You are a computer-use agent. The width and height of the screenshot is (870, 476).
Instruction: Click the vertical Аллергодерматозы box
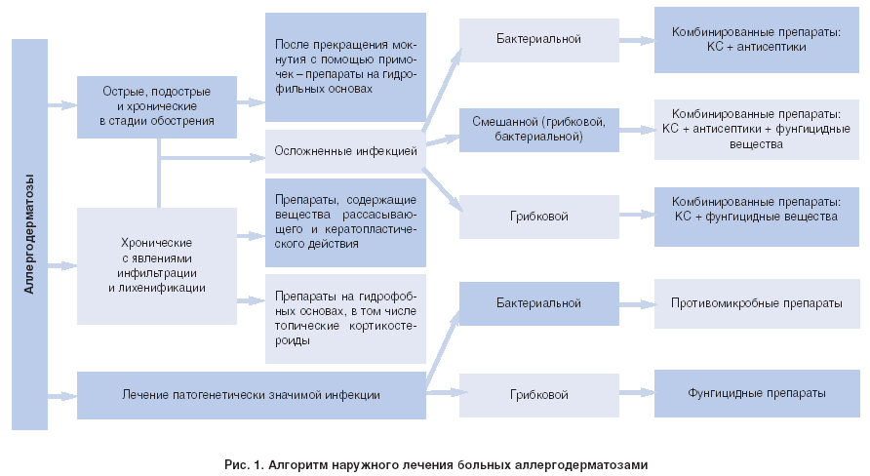coord(29,234)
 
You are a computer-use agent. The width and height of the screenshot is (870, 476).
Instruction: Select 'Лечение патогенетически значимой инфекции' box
coord(252,394)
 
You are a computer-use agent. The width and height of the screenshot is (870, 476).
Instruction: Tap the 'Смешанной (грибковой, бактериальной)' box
coord(538,129)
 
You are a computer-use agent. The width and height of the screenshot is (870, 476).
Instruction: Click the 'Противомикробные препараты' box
coord(756,304)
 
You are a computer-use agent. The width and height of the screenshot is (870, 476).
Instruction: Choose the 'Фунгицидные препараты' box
coord(756,393)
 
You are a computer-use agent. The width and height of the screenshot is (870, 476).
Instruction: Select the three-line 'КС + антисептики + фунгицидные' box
coord(756,129)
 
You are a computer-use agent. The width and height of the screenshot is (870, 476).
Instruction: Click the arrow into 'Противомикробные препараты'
coord(636,304)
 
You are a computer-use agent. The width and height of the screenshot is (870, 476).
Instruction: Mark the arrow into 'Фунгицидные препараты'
coord(636,393)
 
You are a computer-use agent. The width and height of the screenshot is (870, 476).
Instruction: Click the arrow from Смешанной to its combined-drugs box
coord(636,129)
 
